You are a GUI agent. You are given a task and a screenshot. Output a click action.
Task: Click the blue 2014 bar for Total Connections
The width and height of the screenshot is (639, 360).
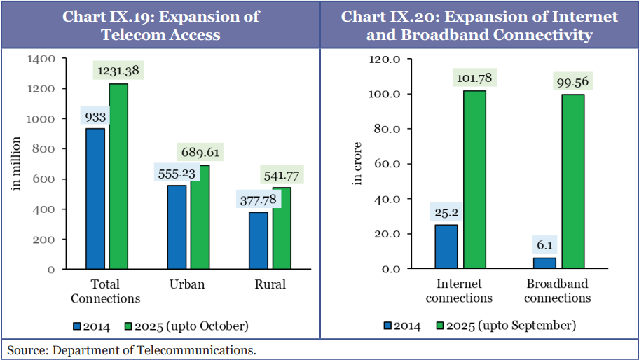coord(95,199)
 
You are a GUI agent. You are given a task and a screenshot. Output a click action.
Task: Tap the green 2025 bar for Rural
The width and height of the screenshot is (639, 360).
coord(282,228)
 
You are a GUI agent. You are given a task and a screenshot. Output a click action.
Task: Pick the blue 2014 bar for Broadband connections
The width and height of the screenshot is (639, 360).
coord(544,263)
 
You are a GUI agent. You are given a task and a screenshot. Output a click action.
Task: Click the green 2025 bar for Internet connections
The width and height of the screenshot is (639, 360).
coord(474,179)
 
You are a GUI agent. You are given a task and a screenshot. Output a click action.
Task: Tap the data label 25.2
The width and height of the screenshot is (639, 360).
coord(446,212)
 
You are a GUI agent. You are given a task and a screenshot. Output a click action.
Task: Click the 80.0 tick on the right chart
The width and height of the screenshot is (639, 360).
coord(385,129)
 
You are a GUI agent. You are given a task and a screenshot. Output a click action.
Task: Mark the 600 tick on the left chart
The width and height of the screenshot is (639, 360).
coord(46,179)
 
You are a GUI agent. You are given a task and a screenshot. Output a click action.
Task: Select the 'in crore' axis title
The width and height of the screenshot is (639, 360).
coord(357,164)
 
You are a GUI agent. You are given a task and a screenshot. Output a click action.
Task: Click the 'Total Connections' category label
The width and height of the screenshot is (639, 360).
coord(106,291)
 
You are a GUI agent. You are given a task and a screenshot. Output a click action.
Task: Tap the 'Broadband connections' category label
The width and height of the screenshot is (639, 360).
coord(557,291)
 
